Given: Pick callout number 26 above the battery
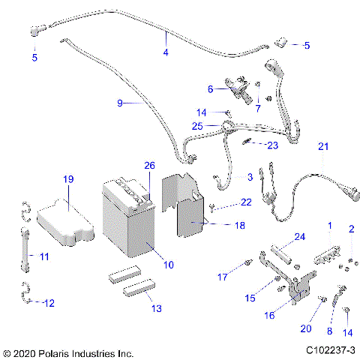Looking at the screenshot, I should (148, 166).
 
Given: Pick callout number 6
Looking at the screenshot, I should (211, 89).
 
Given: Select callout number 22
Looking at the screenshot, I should (245, 202).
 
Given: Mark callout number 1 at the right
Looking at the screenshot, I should (328, 225).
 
